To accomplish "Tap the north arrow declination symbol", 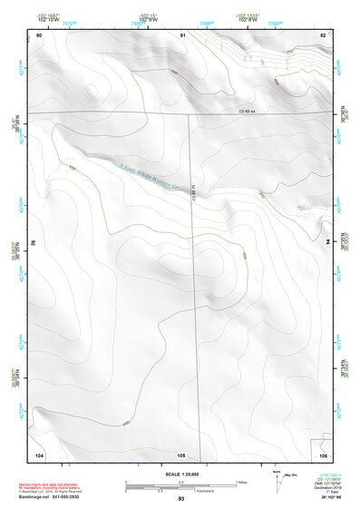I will coord(277,478).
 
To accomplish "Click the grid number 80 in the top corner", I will coord(39,34).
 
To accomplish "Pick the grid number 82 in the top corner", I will coord(323,34).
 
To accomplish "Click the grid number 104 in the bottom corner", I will coord(39,454).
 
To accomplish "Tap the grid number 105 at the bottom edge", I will coord(181,454).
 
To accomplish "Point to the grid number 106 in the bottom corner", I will coord(324,454).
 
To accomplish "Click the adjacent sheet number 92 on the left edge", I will coord(33,242).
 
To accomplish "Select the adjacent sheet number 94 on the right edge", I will coord(329,242).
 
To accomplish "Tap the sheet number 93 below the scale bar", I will coord(181,499).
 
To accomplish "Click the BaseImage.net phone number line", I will coord(65,497).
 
